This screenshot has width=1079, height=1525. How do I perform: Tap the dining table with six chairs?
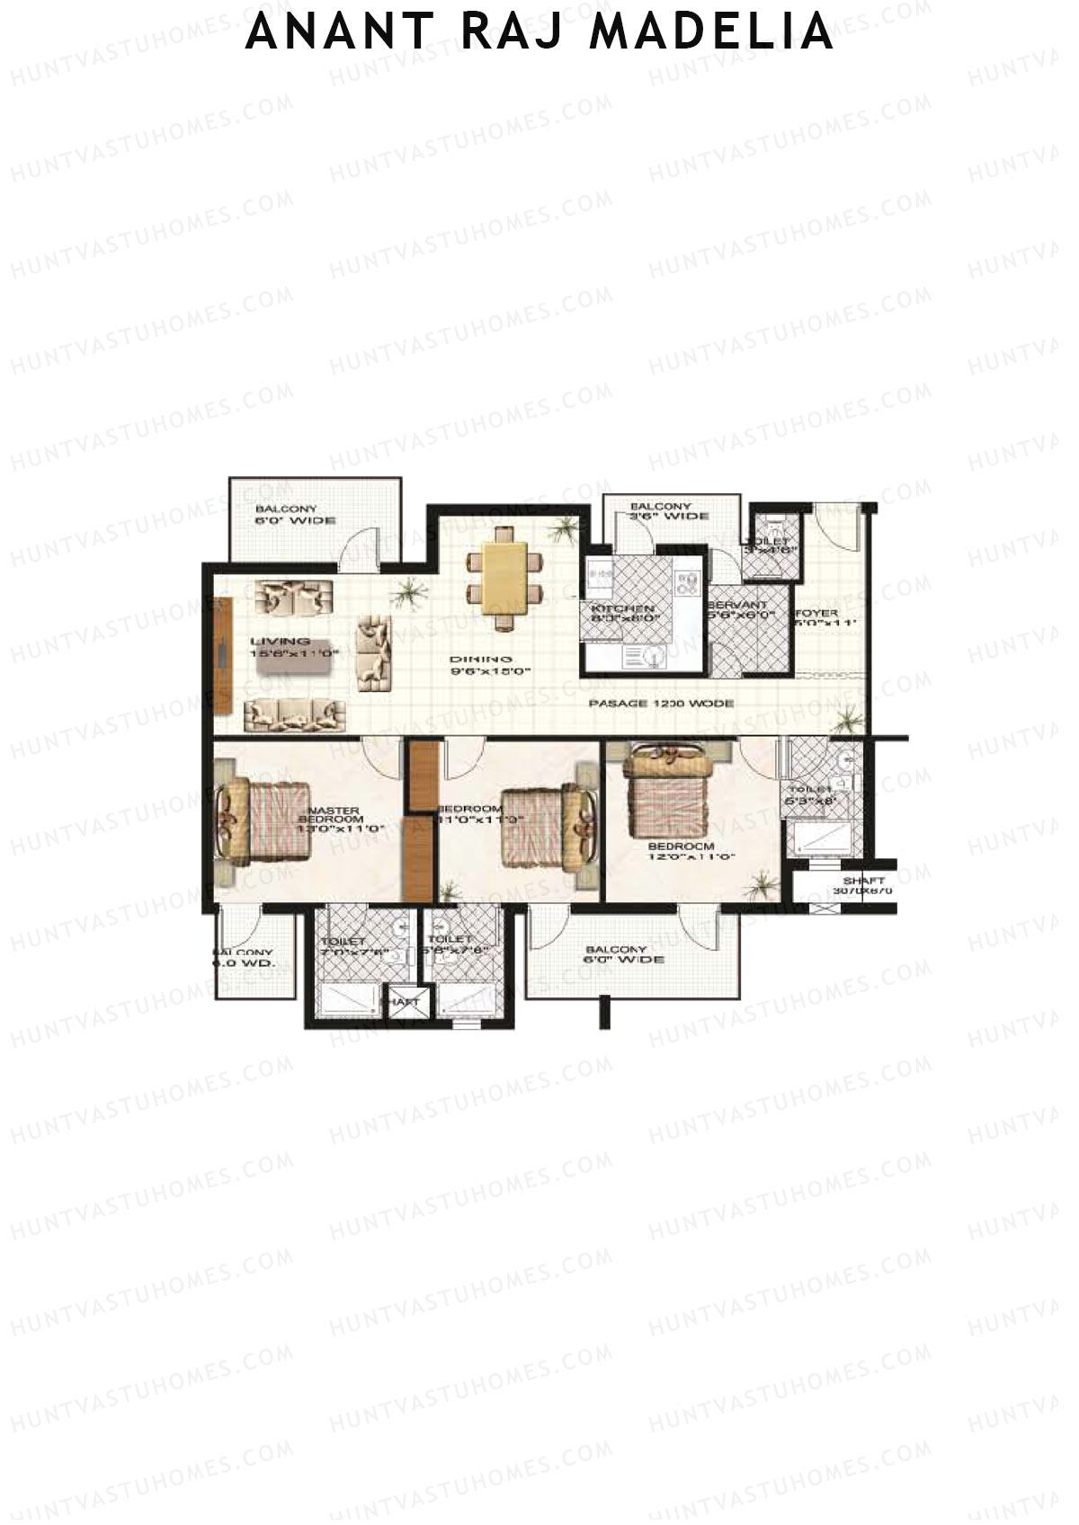click(x=504, y=580)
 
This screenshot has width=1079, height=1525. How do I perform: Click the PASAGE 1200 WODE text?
click(x=661, y=704)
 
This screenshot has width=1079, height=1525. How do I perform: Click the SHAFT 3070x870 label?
click(x=864, y=885)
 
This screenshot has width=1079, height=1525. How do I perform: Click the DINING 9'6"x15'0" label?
click(x=491, y=664)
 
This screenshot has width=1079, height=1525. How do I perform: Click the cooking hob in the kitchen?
click(x=689, y=585)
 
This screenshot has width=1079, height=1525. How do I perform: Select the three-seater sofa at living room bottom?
click(x=295, y=714)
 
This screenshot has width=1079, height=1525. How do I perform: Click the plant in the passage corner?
click(x=846, y=719)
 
